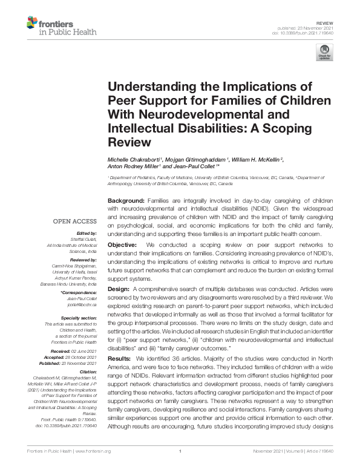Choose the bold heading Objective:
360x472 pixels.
pos(123,244)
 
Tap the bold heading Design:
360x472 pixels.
pos(120,290)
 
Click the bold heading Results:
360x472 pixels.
pos(121,359)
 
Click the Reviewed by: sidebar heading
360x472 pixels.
pos(81,260)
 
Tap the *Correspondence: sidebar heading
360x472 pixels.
pos(79,293)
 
